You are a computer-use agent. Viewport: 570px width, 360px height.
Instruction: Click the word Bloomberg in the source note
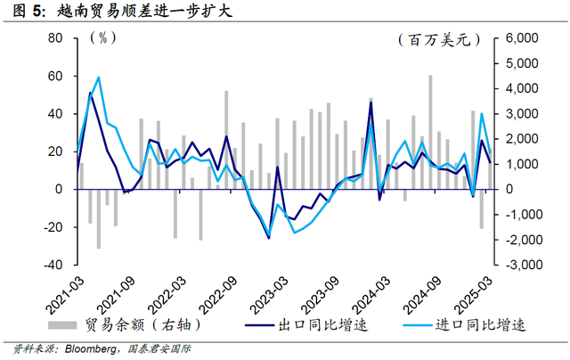coord(88,349)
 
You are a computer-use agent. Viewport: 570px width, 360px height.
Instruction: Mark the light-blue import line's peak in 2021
coord(99,78)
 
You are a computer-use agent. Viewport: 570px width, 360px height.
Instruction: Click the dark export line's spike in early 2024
coord(370,102)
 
